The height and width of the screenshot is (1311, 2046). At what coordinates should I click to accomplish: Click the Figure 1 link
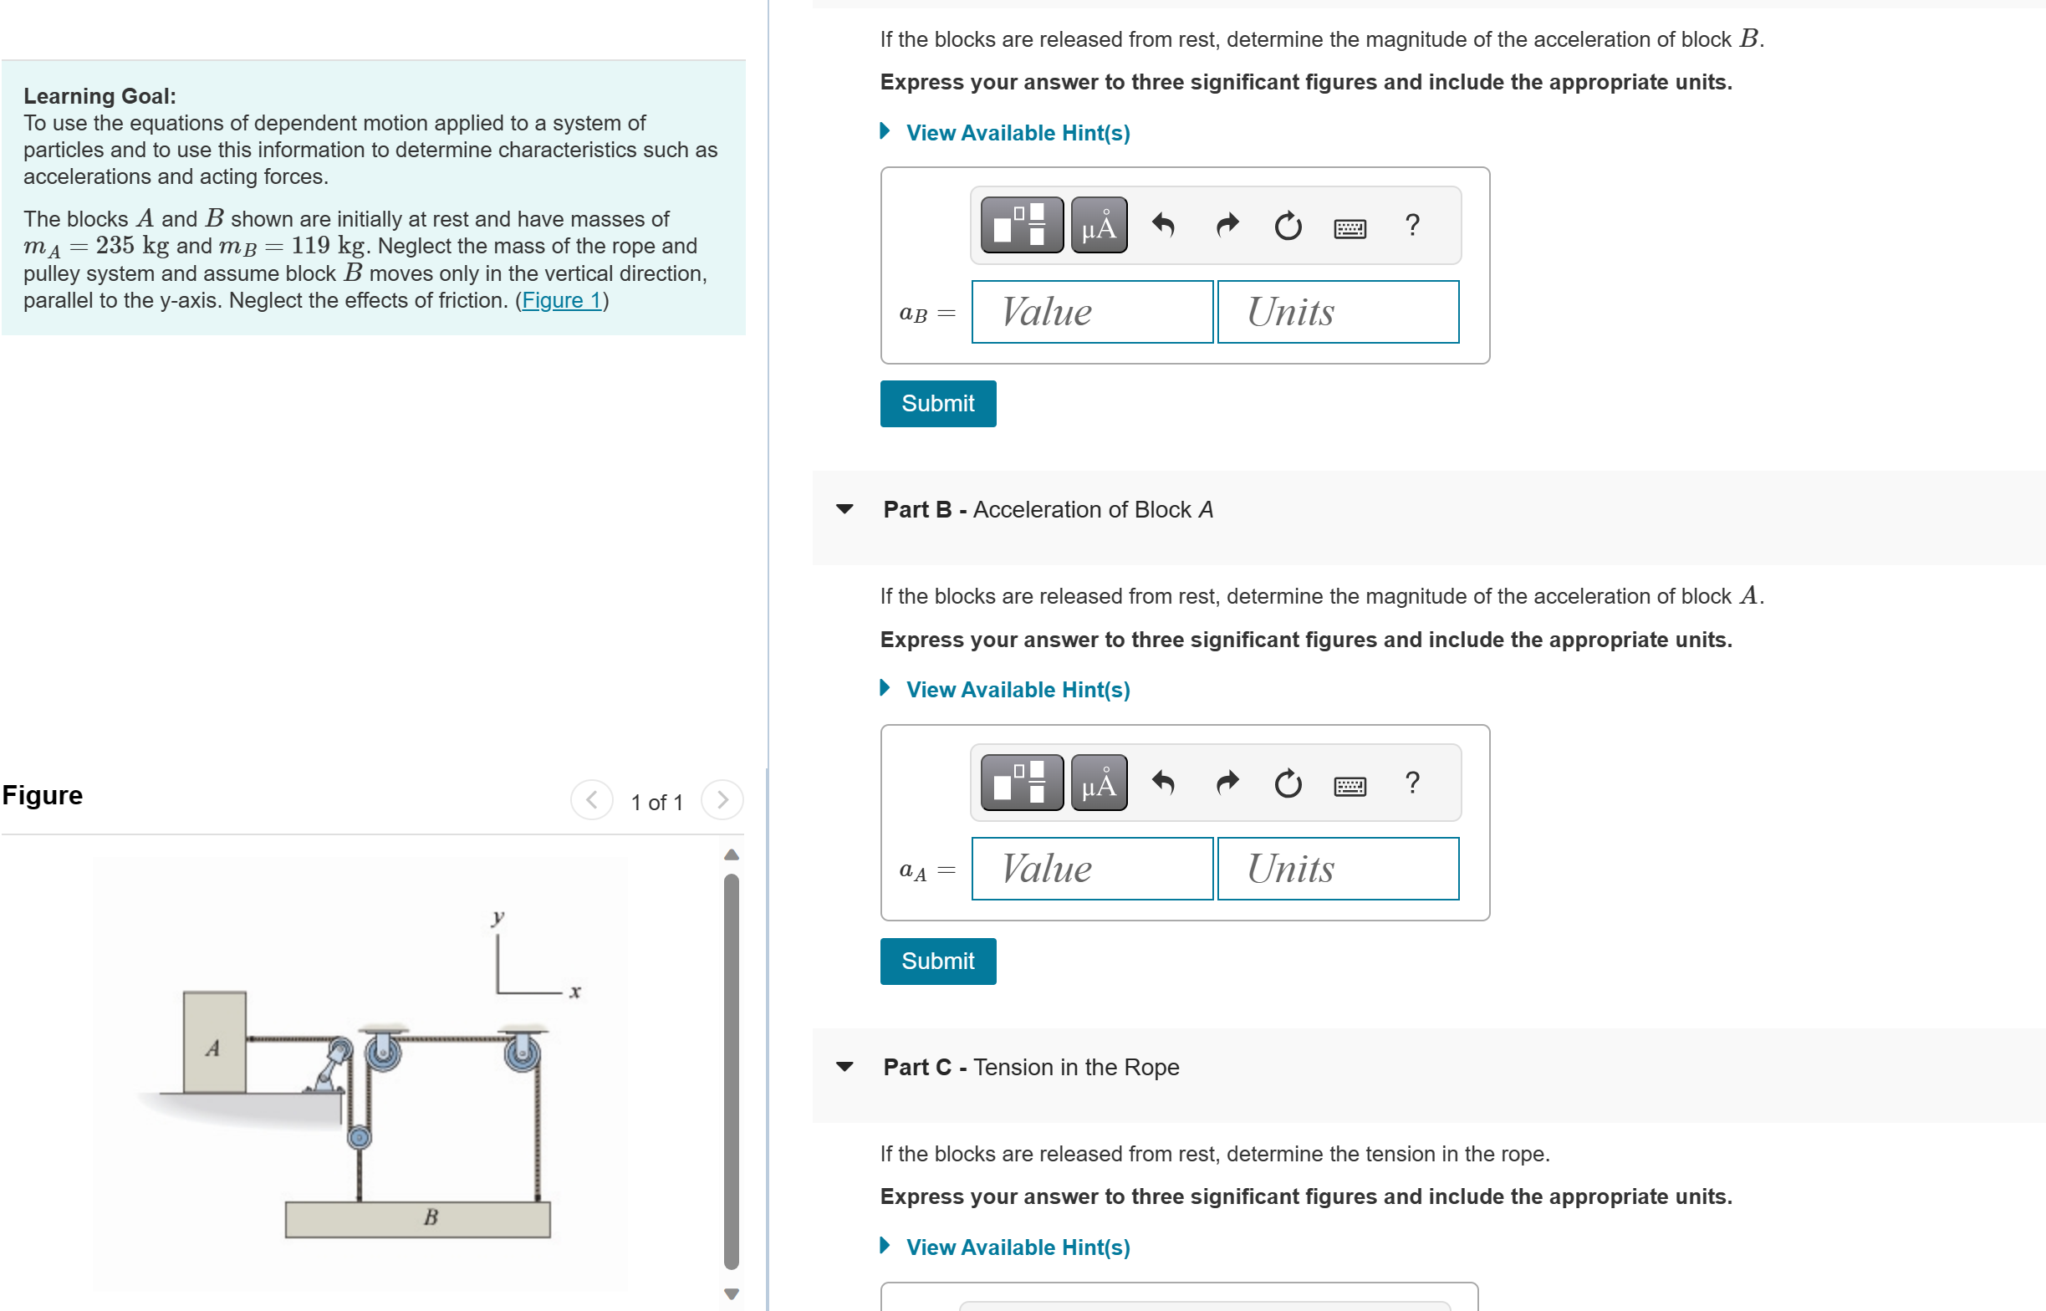562,300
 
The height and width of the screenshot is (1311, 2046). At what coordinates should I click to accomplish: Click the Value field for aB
1092,313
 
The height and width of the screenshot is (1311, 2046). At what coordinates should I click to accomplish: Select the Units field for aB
1338,313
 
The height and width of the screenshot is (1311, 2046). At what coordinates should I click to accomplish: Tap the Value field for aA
1092,870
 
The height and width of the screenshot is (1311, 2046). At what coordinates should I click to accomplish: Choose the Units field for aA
1338,870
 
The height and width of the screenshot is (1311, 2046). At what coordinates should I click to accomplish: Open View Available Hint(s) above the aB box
1017,133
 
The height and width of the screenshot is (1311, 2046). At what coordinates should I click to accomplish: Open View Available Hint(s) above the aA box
1017,690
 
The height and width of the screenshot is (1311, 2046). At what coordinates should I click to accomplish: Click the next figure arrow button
722,800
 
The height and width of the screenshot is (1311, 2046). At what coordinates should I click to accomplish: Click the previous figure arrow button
591,800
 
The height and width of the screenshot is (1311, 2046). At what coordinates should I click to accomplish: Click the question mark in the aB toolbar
1412,225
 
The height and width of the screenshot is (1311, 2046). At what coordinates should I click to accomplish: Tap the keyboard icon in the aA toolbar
1350,785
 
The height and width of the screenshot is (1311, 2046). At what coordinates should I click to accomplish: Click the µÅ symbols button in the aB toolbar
1099,226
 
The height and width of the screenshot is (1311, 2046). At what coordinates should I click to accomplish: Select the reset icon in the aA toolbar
1288,783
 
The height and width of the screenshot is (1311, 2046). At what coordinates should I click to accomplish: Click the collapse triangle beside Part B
844,509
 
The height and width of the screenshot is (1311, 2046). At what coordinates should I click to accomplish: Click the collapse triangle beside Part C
844,1067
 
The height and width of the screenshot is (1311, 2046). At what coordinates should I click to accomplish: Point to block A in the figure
215,1043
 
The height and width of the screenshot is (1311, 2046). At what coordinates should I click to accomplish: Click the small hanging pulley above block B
360,1137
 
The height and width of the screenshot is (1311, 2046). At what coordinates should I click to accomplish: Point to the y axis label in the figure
497,917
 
